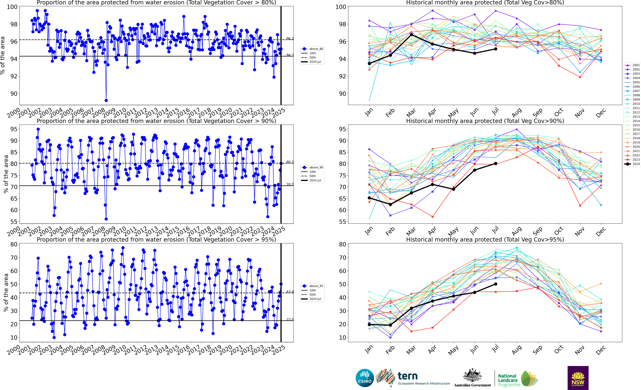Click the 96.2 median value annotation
pos(290,38)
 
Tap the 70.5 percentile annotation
pos(290,184)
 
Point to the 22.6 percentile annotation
pos(290,319)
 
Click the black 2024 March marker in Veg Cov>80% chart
pos(411,35)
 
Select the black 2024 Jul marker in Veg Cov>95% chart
pos(496,284)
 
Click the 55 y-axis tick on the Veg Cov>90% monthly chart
pos(342,222)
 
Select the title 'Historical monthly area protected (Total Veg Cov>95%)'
pos(485,239)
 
